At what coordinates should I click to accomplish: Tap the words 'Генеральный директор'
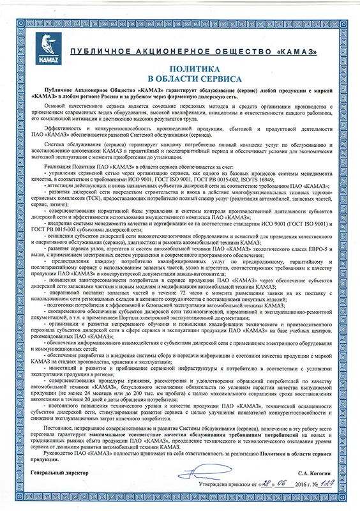coord(59,474)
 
